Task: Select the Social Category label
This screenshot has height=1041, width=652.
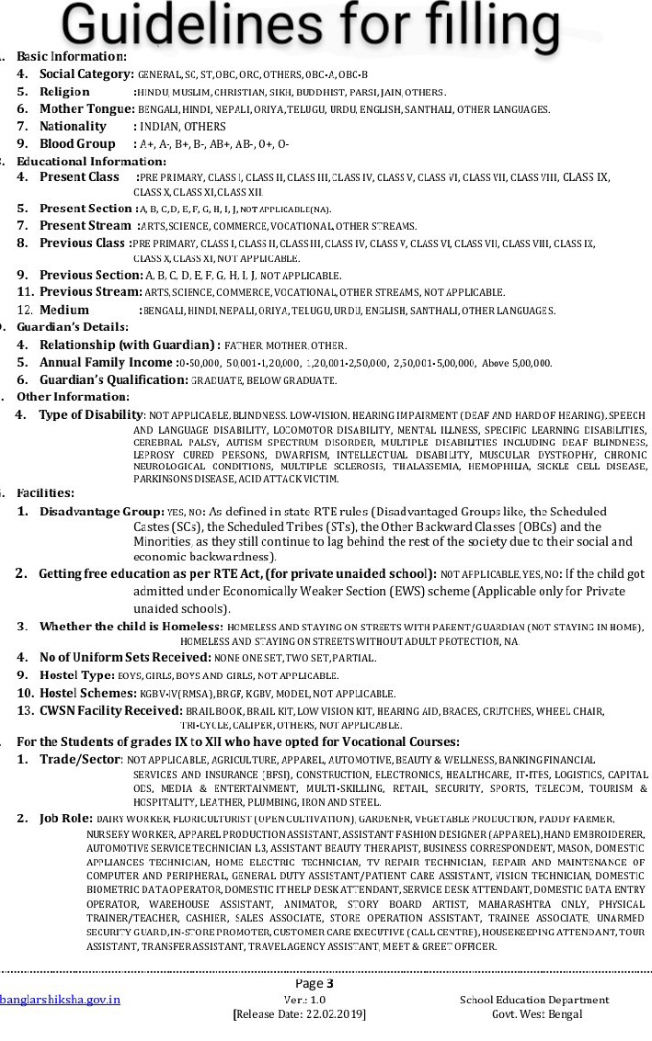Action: coord(87,74)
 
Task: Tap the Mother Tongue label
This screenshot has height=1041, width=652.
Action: coord(87,109)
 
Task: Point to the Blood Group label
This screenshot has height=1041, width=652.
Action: coord(77,144)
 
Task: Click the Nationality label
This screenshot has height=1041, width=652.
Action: coord(73,127)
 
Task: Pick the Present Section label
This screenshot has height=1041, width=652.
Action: coord(86,209)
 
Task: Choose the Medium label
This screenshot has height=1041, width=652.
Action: coord(64,310)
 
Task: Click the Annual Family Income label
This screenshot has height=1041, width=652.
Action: coord(106,363)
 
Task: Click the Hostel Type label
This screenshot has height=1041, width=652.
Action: coord(77,674)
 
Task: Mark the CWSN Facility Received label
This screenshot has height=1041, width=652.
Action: coord(110,710)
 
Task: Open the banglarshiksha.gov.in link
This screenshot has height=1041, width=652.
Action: coord(60,1000)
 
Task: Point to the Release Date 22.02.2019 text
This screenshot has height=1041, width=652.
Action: coord(299,1014)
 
